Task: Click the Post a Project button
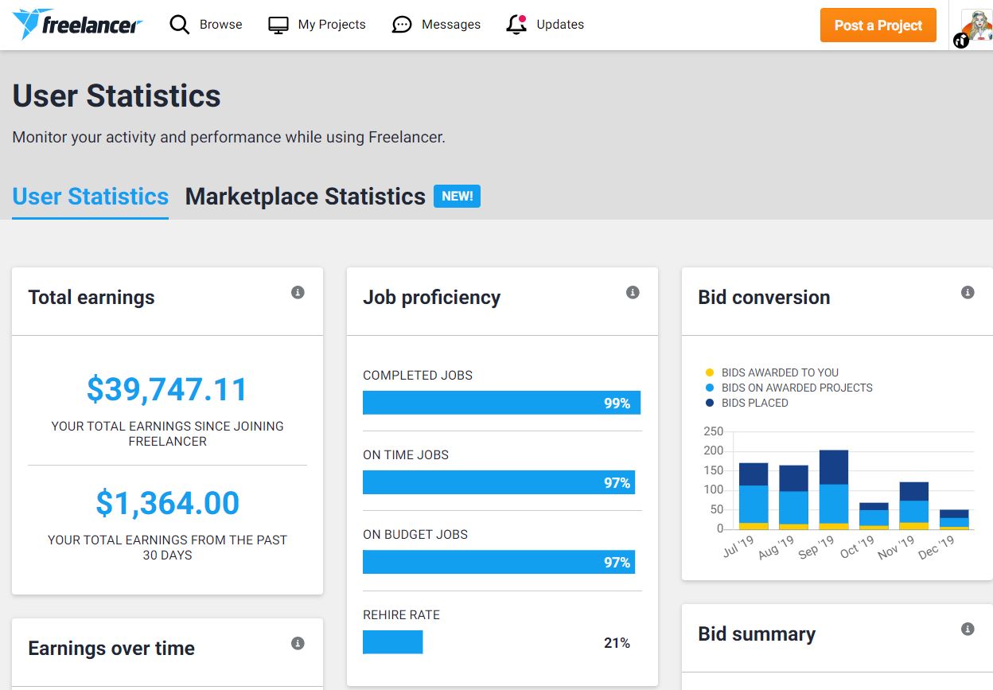pos(878,25)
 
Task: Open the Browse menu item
pos(206,25)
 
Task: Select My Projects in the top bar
pos(317,25)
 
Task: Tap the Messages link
pos(436,25)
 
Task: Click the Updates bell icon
pos(516,25)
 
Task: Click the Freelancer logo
pos(77,25)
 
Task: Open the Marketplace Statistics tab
pos(305,197)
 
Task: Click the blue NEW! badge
pos(457,196)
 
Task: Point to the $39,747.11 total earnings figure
pos(167,389)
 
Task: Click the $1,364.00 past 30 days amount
pos(167,503)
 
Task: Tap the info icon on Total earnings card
pos(298,292)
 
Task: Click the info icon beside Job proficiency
pos(633,292)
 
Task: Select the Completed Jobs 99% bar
pos(501,403)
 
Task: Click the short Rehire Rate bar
pos(392,642)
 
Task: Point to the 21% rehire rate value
pos(617,643)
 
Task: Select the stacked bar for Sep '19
pos(833,489)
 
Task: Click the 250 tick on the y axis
pos(713,431)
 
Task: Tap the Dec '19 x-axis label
pos(937,548)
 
